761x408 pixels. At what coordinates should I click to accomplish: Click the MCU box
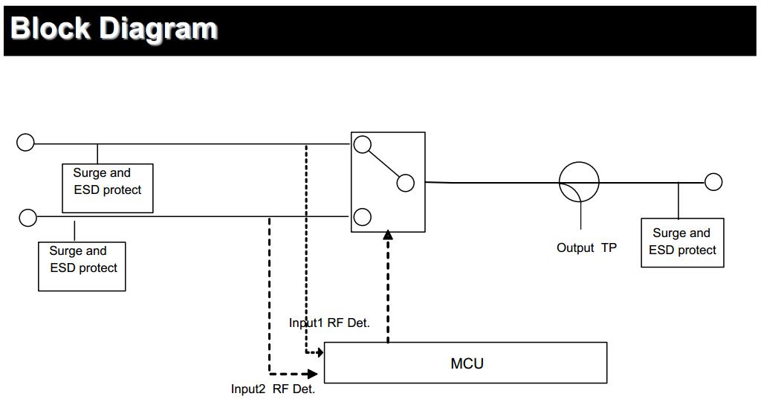click(x=466, y=363)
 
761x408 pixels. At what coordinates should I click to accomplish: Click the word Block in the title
click(x=51, y=28)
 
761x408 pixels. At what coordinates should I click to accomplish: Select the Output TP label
click(x=586, y=247)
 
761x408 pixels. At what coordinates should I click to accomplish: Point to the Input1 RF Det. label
click(x=329, y=323)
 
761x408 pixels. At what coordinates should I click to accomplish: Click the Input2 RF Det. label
click(x=273, y=389)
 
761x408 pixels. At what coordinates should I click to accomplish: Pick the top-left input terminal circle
click(x=26, y=142)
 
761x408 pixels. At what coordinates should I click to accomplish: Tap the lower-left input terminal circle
click(x=27, y=217)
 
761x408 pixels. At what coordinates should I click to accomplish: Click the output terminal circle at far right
click(x=713, y=182)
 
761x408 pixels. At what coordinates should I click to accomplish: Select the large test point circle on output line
click(x=579, y=182)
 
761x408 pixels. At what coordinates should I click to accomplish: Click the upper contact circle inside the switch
click(x=362, y=145)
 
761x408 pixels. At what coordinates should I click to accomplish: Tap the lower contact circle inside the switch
click(x=362, y=217)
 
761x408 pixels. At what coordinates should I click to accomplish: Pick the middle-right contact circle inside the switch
click(x=406, y=183)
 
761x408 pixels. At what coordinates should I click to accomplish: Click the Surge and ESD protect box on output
click(x=682, y=242)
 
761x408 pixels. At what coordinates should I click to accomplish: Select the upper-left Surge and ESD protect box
click(x=108, y=188)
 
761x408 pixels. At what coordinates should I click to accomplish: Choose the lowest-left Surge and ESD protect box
click(x=82, y=265)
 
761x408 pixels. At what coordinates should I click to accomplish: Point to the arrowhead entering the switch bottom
click(x=387, y=236)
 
